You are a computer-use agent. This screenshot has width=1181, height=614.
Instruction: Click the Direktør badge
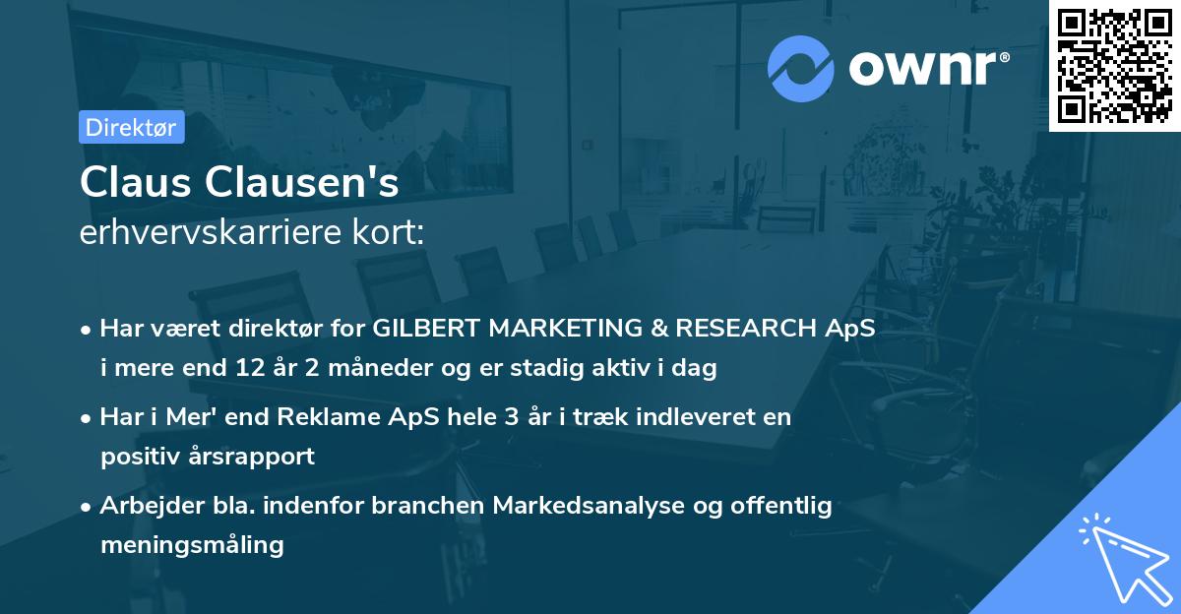(x=132, y=127)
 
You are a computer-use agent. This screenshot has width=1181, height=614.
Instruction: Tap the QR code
(x=1115, y=66)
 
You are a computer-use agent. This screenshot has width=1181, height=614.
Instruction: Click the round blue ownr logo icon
(x=801, y=69)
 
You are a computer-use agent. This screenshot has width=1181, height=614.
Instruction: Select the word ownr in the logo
(x=923, y=69)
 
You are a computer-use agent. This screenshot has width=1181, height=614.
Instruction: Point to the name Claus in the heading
(x=136, y=182)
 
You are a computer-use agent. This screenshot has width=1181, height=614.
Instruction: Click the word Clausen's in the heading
(x=301, y=182)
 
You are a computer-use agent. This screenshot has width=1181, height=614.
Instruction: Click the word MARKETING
(x=565, y=328)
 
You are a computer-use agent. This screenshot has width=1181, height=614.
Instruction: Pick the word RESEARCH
(x=746, y=328)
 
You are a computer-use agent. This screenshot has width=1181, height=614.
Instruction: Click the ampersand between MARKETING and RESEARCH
(x=659, y=328)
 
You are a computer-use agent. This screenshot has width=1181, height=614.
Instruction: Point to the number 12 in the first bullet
(x=250, y=367)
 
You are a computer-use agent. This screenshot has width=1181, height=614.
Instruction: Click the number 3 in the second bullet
(x=512, y=417)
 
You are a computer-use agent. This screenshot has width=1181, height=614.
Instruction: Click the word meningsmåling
(x=193, y=545)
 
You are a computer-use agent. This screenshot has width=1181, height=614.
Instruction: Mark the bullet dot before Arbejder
(x=86, y=508)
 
